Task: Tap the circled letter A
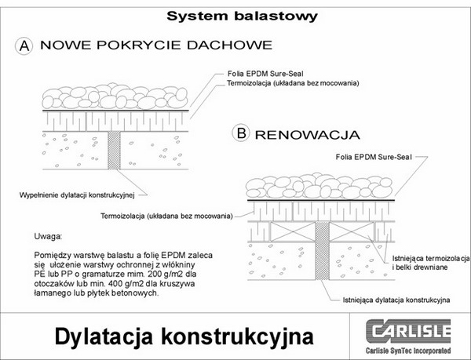[x=26, y=45]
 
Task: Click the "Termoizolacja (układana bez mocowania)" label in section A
[x=290, y=81]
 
